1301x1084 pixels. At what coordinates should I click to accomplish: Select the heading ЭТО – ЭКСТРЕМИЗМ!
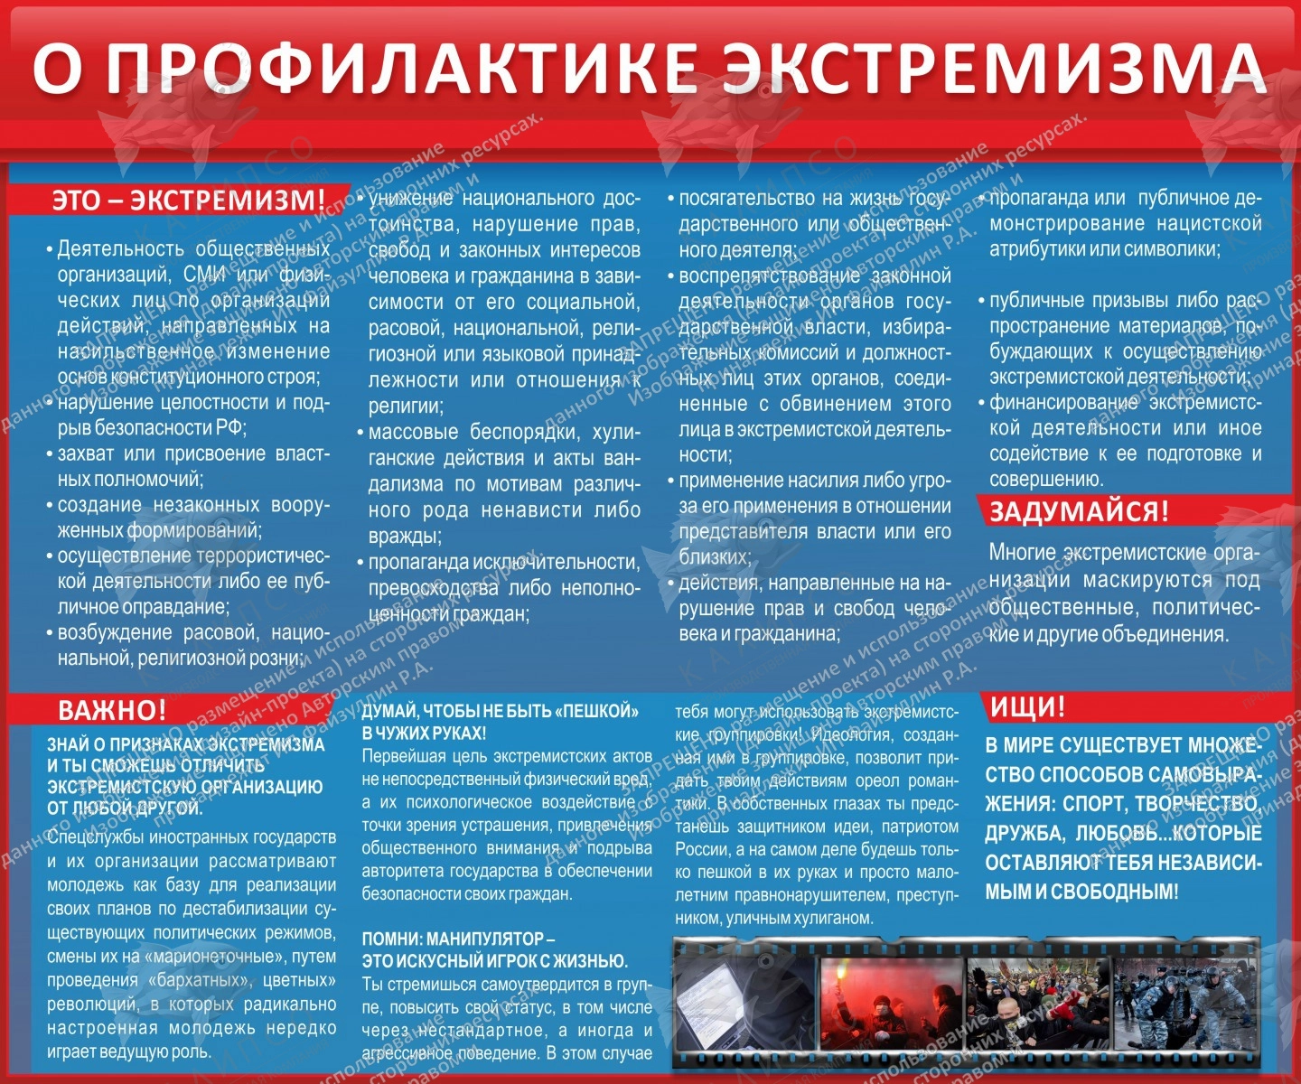pos(188,200)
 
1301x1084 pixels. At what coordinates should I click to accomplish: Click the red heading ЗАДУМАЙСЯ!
pos(1079,511)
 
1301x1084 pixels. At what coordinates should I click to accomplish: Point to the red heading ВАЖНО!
pos(112,710)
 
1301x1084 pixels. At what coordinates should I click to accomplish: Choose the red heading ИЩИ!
pos(1028,706)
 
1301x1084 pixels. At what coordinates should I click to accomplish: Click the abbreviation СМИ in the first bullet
pos(204,274)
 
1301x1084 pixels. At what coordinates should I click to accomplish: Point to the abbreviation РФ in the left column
pos(230,427)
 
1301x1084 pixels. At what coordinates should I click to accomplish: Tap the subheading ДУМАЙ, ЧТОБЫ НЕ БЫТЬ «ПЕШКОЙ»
pos(500,711)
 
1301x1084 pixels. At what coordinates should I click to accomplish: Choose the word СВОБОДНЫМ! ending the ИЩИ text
pos(1121,892)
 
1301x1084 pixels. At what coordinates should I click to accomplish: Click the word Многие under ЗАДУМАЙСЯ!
pos(1022,552)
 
